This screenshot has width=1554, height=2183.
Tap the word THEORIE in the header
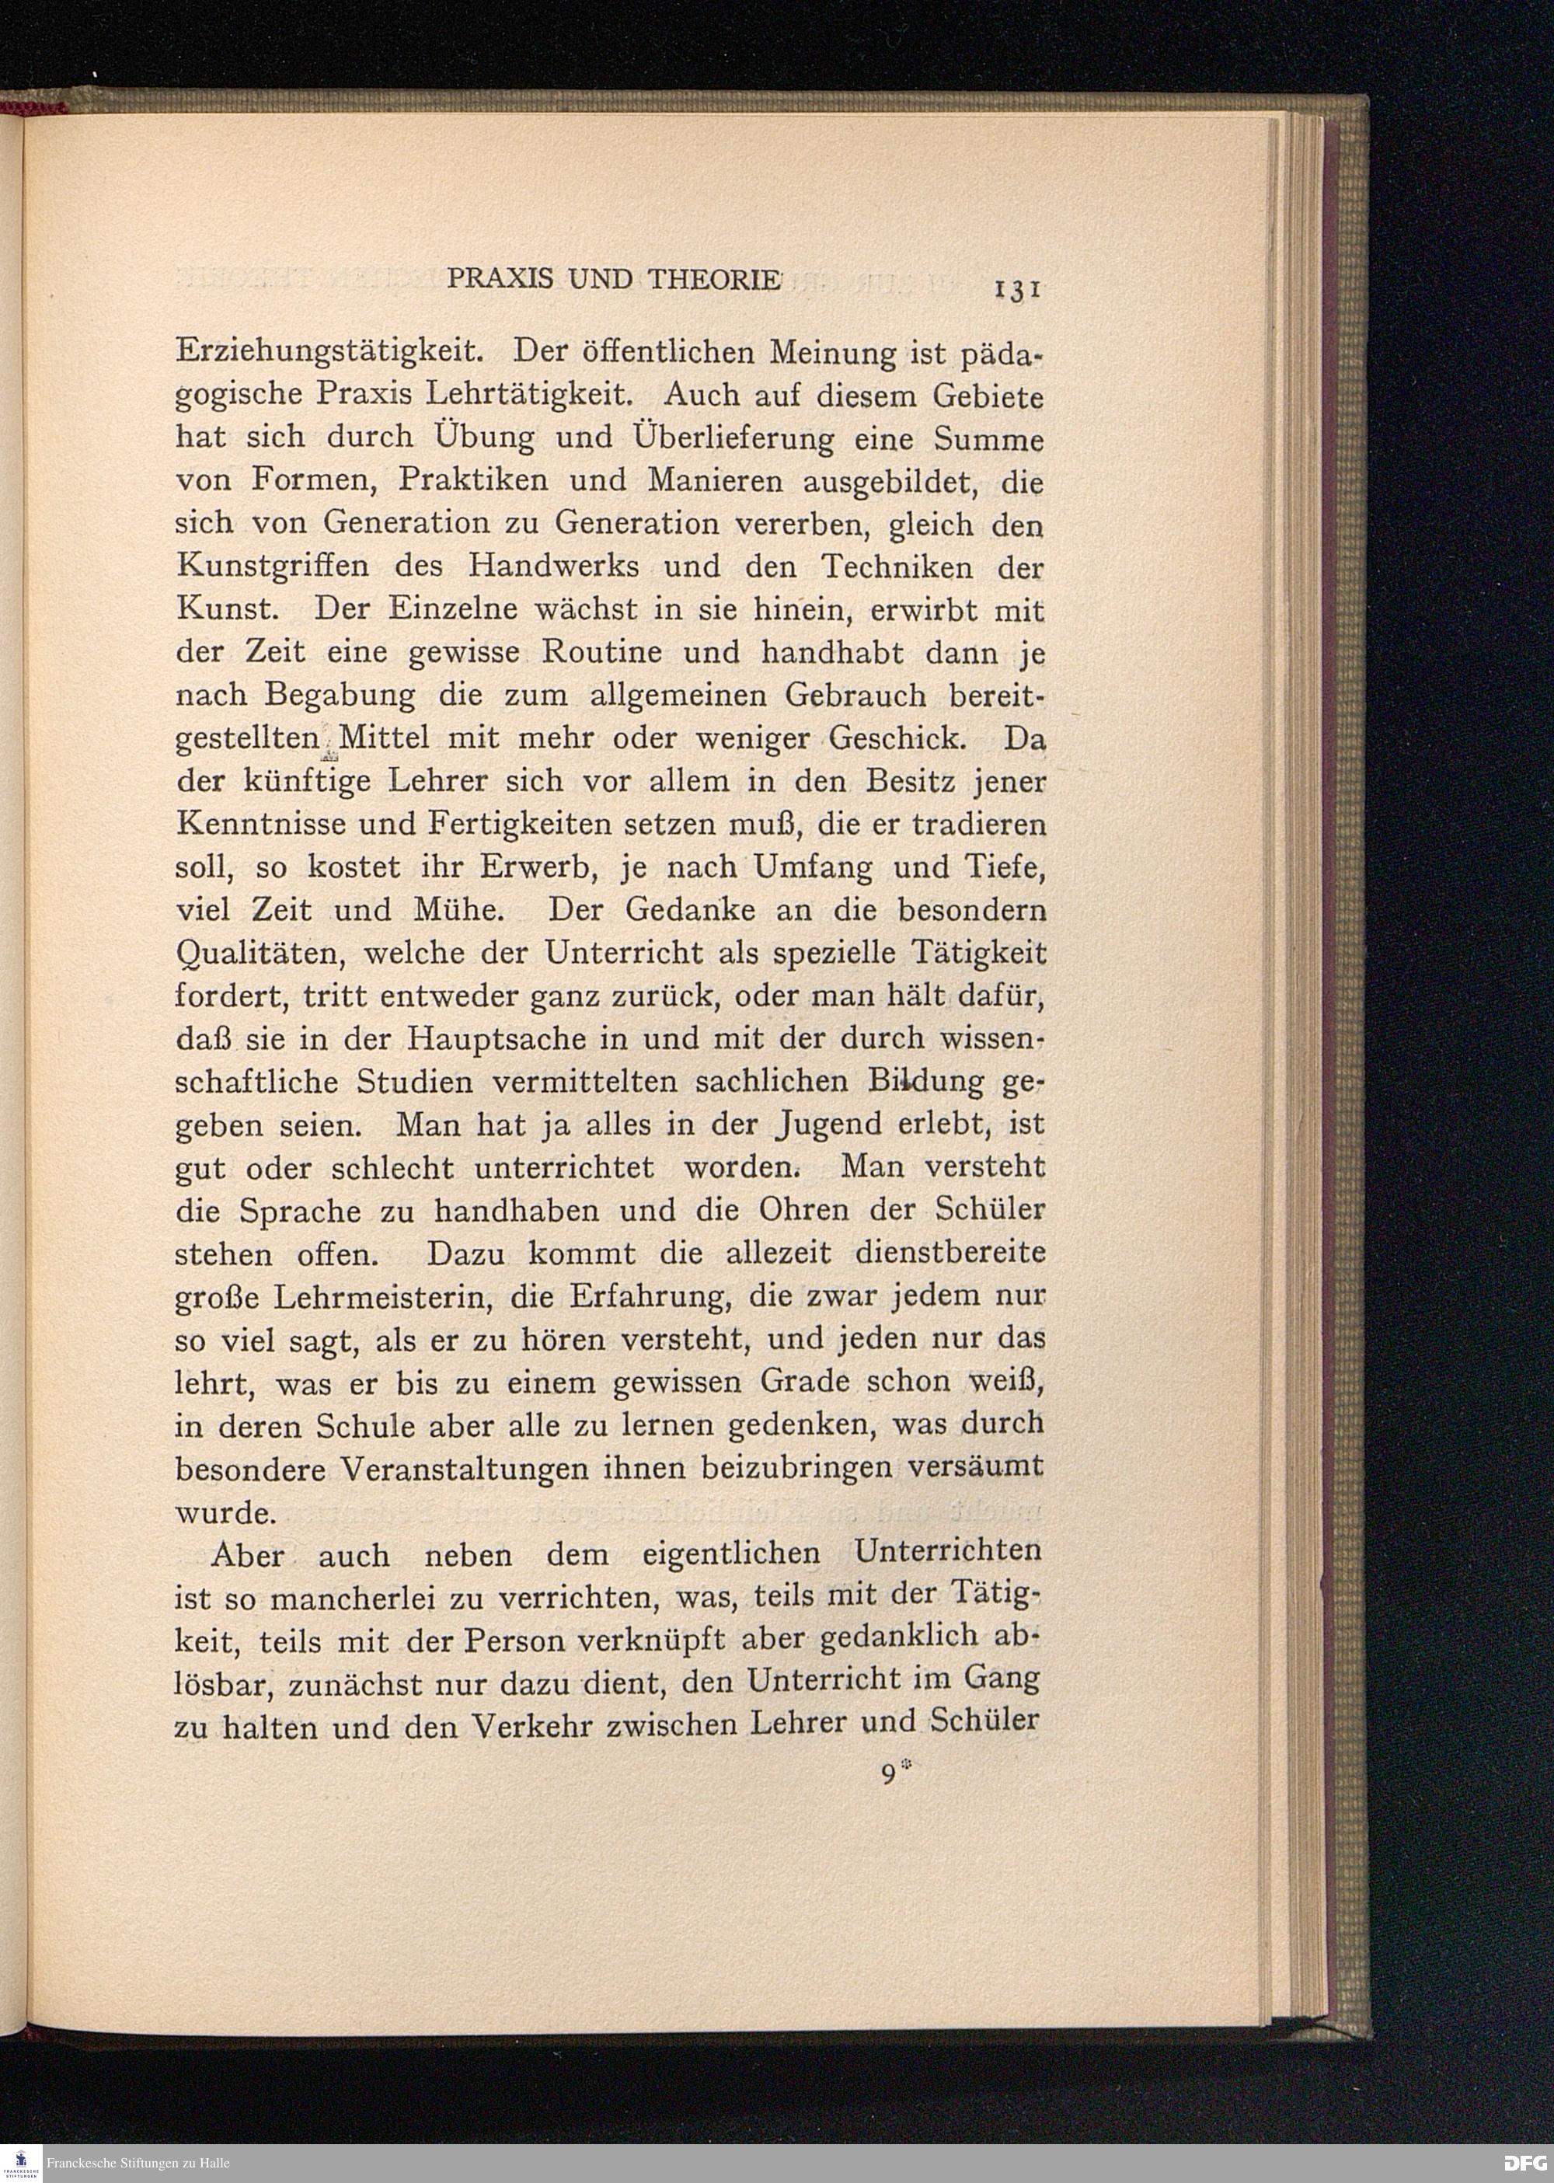click(x=715, y=280)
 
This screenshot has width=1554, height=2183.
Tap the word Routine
click(x=602, y=653)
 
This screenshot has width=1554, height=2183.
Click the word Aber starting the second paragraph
click(x=247, y=1556)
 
